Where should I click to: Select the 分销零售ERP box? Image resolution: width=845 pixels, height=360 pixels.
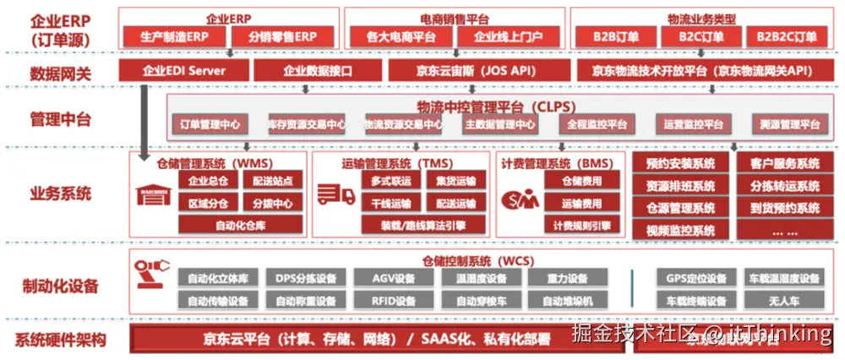point(282,37)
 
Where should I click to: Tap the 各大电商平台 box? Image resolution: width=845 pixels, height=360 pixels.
point(401,37)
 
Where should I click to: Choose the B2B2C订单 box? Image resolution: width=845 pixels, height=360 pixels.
point(786,37)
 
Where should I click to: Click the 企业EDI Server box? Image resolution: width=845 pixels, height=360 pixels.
point(183,71)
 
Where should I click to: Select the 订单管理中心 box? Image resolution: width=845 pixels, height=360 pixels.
point(210,125)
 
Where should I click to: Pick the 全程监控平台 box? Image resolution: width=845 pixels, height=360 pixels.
point(597,125)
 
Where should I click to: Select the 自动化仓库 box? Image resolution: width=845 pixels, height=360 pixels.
point(240,225)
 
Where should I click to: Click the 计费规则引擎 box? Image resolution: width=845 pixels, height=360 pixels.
point(582,225)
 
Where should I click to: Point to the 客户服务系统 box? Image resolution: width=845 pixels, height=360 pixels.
point(784,164)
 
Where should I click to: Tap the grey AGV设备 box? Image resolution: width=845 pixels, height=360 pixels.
point(394,279)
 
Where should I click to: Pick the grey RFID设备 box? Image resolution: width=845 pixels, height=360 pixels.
point(394,301)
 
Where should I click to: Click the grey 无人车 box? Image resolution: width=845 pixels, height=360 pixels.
point(784,301)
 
